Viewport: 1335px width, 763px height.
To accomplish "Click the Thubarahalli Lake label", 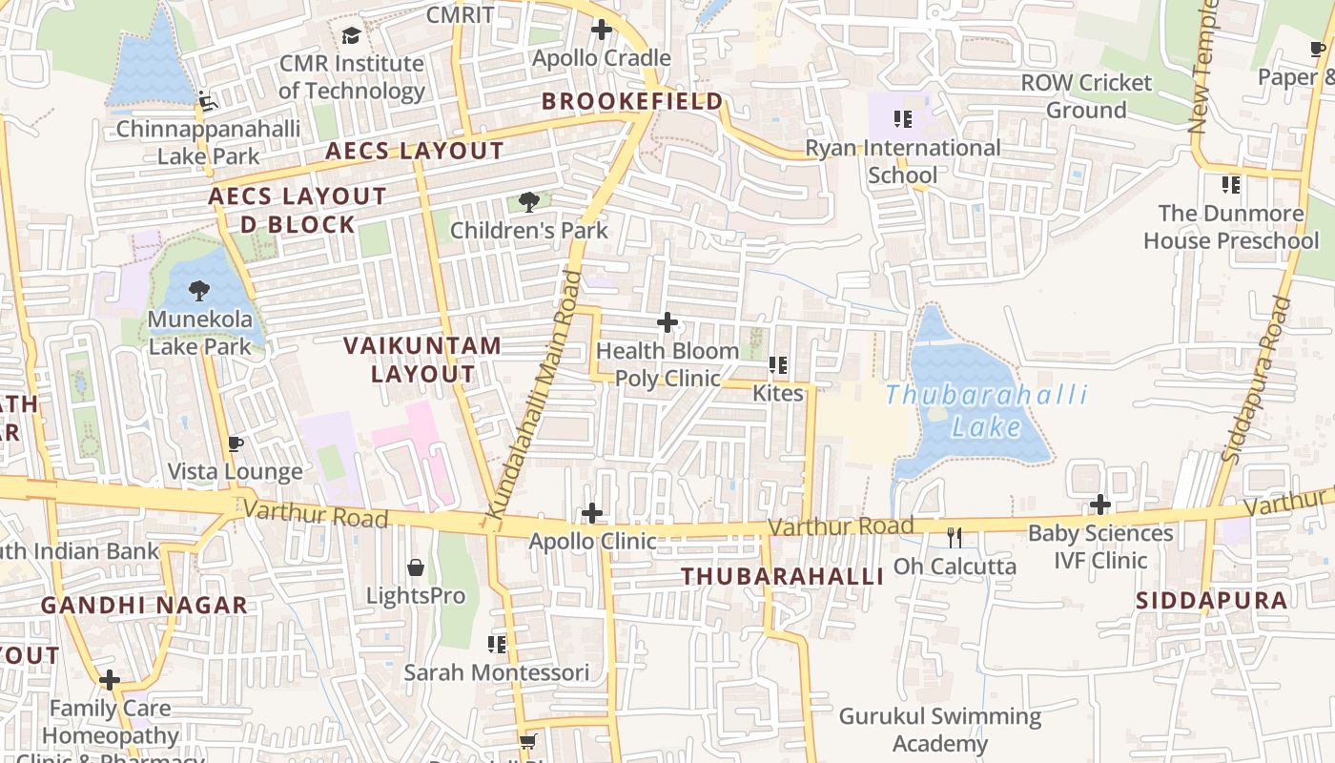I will click(x=986, y=411).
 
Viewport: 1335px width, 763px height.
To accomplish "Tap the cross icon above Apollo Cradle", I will click(x=602, y=30).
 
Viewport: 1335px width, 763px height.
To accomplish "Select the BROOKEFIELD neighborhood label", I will click(x=632, y=101).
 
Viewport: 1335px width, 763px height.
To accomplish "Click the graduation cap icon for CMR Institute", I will click(x=351, y=36).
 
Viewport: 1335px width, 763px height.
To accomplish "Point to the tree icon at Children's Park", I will click(x=529, y=201).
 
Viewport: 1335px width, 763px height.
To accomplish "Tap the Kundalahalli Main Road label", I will click(x=534, y=395).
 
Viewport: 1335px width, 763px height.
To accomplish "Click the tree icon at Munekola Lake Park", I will click(x=199, y=290).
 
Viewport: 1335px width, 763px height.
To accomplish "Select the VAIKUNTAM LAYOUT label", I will click(x=422, y=360).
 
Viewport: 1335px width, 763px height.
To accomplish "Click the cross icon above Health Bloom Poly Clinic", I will click(x=667, y=322).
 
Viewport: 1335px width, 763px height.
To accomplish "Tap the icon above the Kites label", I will click(x=778, y=365).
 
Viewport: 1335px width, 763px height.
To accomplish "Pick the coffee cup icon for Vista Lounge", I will click(x=236, y=443).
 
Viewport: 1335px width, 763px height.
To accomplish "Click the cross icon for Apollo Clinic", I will click(x=592, y=513).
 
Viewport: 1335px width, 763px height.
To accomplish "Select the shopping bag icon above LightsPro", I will click(x=416, y=567).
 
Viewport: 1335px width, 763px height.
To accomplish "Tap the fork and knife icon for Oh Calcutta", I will click(x=955, y=538).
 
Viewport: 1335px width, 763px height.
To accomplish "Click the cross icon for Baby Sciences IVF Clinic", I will click(x=1100, y=505).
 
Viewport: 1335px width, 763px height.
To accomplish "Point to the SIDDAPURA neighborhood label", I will click(x=1211, y=600).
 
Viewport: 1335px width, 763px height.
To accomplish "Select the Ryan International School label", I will click(x=903, y=161).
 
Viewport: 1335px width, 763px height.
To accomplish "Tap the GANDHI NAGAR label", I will click(x=144, y=605).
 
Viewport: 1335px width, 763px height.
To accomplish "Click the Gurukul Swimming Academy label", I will click(x=939, y=730).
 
